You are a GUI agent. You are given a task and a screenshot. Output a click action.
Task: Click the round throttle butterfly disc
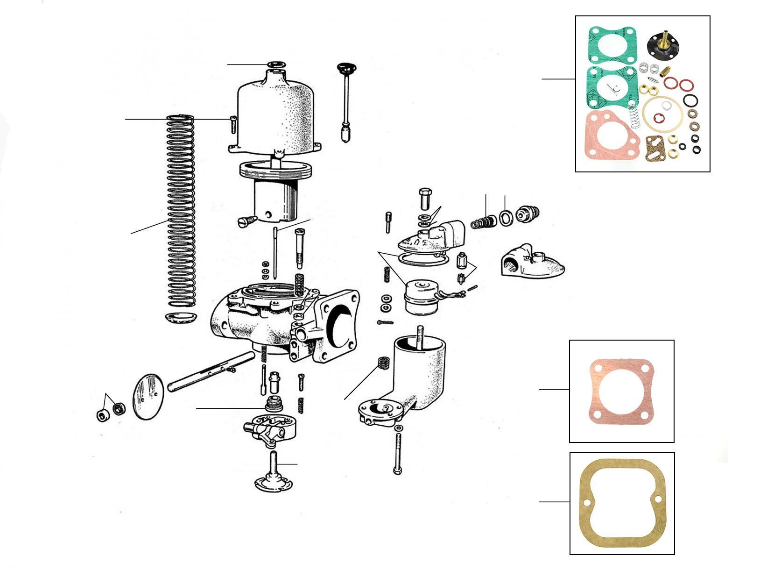(149, 392)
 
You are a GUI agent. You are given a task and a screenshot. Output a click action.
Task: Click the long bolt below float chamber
(397, 453)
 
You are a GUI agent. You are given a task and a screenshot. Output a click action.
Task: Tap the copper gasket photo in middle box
(621, 391)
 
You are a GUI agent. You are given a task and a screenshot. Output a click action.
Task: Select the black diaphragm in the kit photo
(663, 45)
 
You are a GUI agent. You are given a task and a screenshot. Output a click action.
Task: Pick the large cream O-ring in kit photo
(661, 114)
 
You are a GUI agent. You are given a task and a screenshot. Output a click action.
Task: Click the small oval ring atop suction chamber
(275, 64)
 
